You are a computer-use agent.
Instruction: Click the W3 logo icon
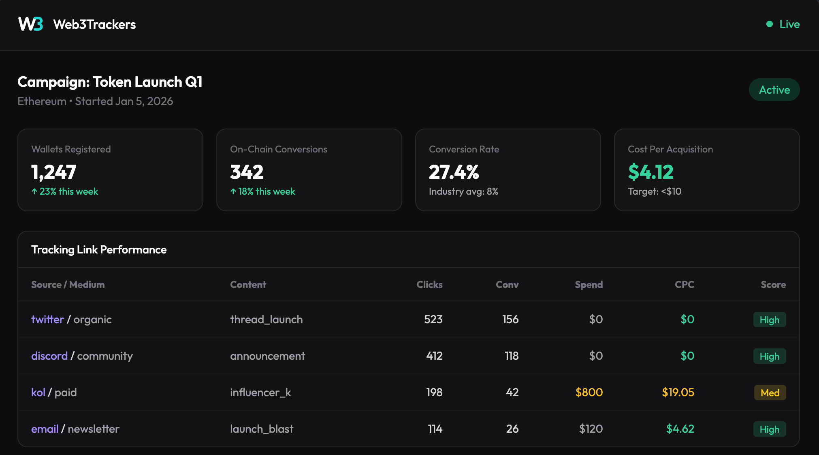click(x=30, y=24)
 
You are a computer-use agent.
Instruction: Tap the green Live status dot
click(x=770, y=24)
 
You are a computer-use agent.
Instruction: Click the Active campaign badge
click(x=774, y=90)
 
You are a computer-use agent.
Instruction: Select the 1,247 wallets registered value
click(x=54, y=172)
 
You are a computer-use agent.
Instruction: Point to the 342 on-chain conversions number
click(x=247, y=172)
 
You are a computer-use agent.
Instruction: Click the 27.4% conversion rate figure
click(x=454, y=172)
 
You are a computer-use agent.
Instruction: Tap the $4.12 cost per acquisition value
click(x=651, y=172)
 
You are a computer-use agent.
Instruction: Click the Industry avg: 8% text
click(x=463, y=191)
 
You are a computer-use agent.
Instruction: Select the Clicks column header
click(x=429, y=285)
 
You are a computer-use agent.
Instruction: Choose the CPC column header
click(x=684, y=285)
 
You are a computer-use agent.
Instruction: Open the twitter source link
click(x=47, y=320)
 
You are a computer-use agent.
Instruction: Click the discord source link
click(x=49, y=356)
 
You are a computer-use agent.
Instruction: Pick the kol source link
click(x=38, y=393)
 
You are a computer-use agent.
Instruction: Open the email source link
click(x=45, y=429)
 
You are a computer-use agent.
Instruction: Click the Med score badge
click(x=770, y=393)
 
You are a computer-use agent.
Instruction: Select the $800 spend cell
click(x=589, y=393)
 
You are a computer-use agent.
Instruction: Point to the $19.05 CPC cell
click(x=678, y=393)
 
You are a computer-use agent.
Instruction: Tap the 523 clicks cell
click(x=433, y=320)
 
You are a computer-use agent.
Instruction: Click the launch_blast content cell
click(x=262, y=429)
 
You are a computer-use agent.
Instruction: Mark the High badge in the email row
click(x=769, y=429)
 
